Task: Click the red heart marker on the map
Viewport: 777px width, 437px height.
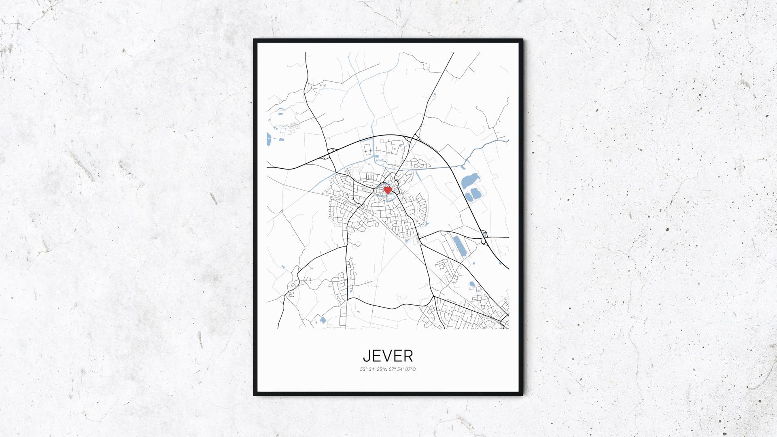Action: click(x=387, y=189)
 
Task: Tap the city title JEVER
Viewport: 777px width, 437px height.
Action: click(x=388, y=356)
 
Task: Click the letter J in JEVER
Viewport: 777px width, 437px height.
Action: click(x=366, y=356)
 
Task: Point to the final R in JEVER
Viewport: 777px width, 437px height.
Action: click(x=408, y=356)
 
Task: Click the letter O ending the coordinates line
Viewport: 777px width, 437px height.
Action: click(x=414, y=369)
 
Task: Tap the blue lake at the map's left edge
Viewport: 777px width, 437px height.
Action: click(x=269, y=139)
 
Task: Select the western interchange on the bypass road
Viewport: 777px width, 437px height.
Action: click(x=329, y=153)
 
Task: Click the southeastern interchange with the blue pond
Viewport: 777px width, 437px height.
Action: click(x=484, y=238)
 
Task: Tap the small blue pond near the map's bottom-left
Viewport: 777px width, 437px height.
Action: click(x=323, y=320)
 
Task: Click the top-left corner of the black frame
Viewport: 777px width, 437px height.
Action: click(x=254, y=40)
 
